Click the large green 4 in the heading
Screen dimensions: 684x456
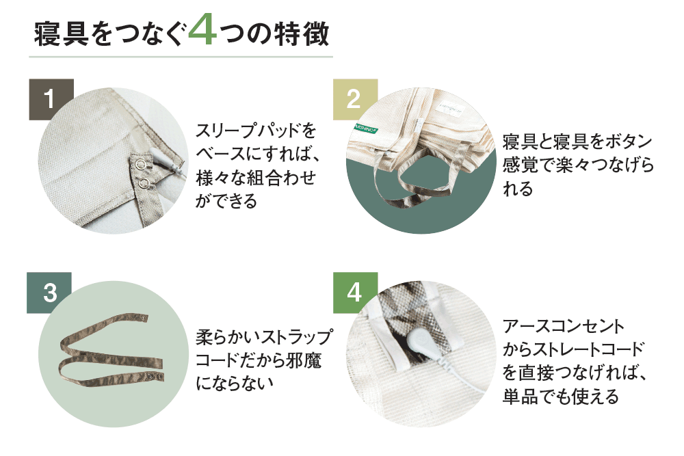point(203,29)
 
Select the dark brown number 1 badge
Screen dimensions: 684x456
point(51,99)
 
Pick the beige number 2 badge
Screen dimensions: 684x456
point(355,99)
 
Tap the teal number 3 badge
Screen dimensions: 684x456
point(49,293)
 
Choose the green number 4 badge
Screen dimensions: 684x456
point(355,293)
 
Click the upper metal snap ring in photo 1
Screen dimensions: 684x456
point(140,164)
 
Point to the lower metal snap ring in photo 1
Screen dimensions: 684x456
point(144,183)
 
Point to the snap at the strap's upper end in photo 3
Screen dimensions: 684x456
point(145,318)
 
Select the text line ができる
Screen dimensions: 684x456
point(226,201)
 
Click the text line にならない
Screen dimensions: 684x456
point(235,383)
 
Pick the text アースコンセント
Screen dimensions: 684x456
point(564,326)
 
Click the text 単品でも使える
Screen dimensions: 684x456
point(561,397)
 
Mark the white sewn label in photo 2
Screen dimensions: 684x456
point(450,109)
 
